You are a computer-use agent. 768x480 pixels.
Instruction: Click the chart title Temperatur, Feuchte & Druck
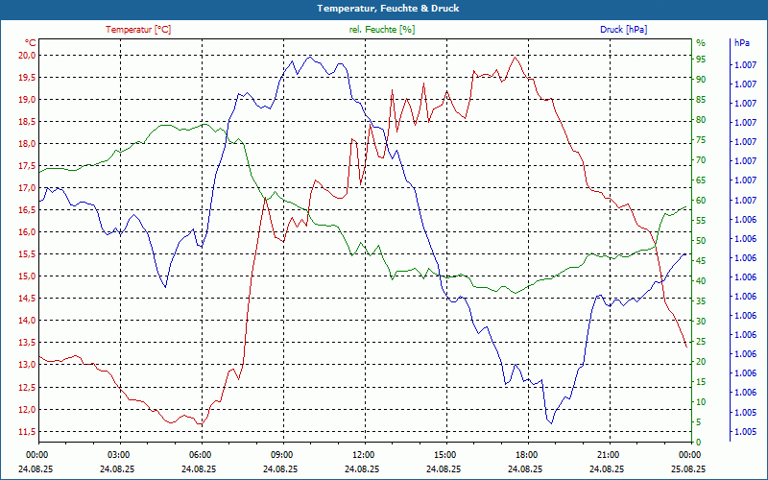tap(384, 8)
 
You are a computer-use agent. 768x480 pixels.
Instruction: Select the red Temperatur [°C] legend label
tap(138, 30)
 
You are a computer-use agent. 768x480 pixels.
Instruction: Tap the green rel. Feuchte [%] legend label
tap(382, 30)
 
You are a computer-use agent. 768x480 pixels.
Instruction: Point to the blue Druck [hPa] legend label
tap(623, 30)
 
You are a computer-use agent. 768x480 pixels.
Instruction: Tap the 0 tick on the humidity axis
tap(698, 442)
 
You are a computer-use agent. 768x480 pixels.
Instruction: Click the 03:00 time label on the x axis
tap(119, 454)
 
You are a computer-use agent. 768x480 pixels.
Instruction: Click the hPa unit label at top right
tap(742, 43)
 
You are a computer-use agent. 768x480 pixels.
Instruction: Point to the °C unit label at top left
tap(31, 43)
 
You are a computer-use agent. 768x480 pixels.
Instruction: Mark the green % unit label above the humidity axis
tap(701, 43)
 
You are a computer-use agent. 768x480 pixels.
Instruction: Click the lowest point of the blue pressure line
tap(551, 423)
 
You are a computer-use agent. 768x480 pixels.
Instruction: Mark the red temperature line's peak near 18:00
tap(516, 57)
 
